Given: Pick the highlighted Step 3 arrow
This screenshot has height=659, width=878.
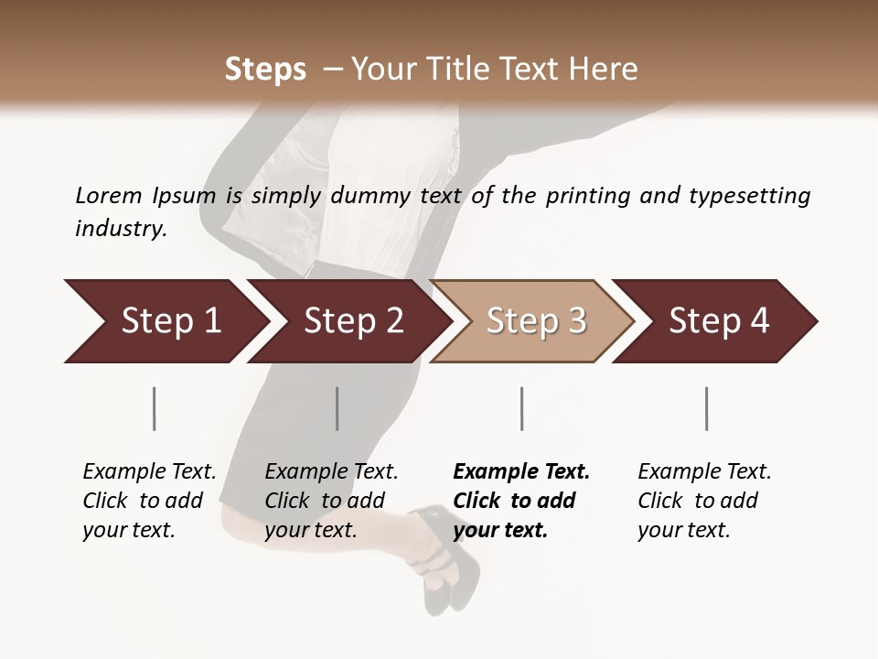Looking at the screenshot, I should (x=534, y=321).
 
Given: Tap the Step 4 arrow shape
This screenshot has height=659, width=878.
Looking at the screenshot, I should (x=717, y=321).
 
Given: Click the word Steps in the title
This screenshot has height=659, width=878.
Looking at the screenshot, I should (x=265, y=70).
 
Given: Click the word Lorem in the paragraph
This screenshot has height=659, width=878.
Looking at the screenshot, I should (x=108, y=195).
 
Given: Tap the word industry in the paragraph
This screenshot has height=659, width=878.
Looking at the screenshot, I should (x=121, y=228).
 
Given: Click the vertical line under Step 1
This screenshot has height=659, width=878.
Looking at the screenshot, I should (x=154, y=408).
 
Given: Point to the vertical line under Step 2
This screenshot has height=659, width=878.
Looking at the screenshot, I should (x=337, y=408).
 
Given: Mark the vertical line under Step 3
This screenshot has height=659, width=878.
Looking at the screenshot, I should (x=521, y=408).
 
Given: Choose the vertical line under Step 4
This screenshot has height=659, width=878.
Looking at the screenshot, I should (x=706, y=408).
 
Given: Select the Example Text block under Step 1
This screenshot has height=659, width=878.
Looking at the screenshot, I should (x=149, y=501).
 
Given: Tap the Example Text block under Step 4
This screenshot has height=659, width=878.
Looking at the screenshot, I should (x=704, y=501).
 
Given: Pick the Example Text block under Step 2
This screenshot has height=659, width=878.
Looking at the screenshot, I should (x=331, y=501).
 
